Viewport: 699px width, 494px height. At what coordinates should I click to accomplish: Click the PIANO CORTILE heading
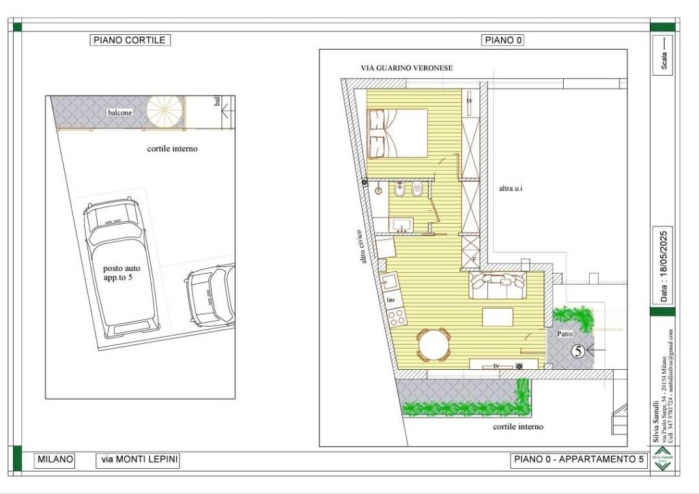coord(130,40)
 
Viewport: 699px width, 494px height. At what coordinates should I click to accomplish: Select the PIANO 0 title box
coord(504,40)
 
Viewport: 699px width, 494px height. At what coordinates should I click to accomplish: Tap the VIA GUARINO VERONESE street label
coord(407,68)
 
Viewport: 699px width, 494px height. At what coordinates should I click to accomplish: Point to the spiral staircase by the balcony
coord(165,111)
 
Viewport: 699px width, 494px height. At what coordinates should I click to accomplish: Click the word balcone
coord(119,113)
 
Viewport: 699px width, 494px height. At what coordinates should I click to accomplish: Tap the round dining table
coord(434,345)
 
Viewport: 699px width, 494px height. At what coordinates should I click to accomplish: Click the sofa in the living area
coord(498,285)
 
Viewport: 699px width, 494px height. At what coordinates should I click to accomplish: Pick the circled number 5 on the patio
coord(577,351)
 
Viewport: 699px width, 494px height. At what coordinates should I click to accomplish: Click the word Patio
coord(565,334)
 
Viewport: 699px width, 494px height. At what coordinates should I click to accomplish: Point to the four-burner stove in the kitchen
coord(397,316)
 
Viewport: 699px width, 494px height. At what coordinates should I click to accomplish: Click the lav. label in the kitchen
coord(392,300)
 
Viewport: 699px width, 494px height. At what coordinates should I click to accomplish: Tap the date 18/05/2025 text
coord(664,266)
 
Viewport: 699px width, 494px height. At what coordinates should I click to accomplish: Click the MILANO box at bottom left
coord(55,460)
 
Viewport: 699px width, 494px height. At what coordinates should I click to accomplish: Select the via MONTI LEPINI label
coord(139,460)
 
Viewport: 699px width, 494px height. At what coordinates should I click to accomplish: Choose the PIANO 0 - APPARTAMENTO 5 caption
coord(578,460)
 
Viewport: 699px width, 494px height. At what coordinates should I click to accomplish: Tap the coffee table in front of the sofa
coord(498,317)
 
